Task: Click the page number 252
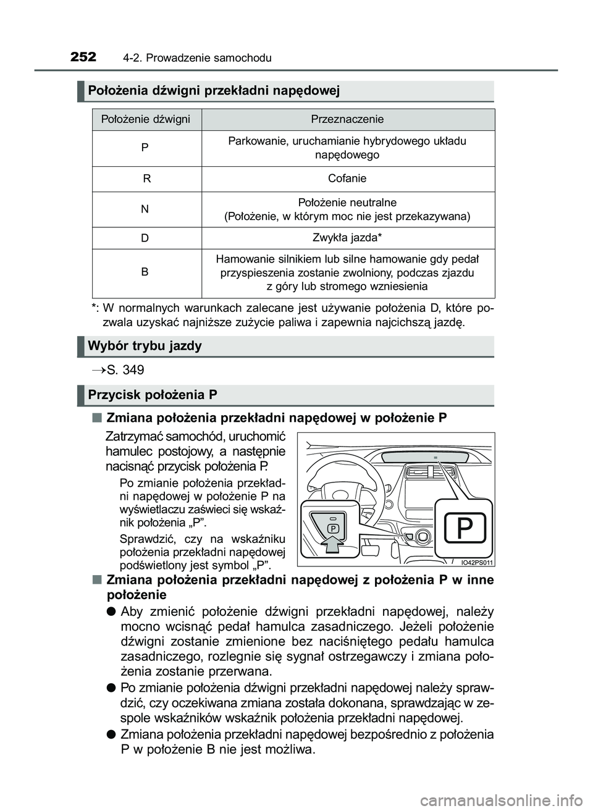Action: [83, 57]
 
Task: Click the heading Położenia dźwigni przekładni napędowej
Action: [214, 91]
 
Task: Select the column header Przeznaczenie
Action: [347, 119]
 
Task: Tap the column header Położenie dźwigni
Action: [146, 119]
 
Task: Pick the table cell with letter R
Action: [146, 179]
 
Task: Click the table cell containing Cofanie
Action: [347, 179]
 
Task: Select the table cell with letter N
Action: [145, 209]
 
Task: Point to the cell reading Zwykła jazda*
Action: [347, 238]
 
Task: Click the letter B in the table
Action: [145, 272]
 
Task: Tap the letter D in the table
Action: [145, 238]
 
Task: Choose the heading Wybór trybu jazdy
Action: [145, 346]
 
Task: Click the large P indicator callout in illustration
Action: [463, 528]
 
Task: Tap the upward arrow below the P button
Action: [332, 547]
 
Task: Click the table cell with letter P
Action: [145, 148]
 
